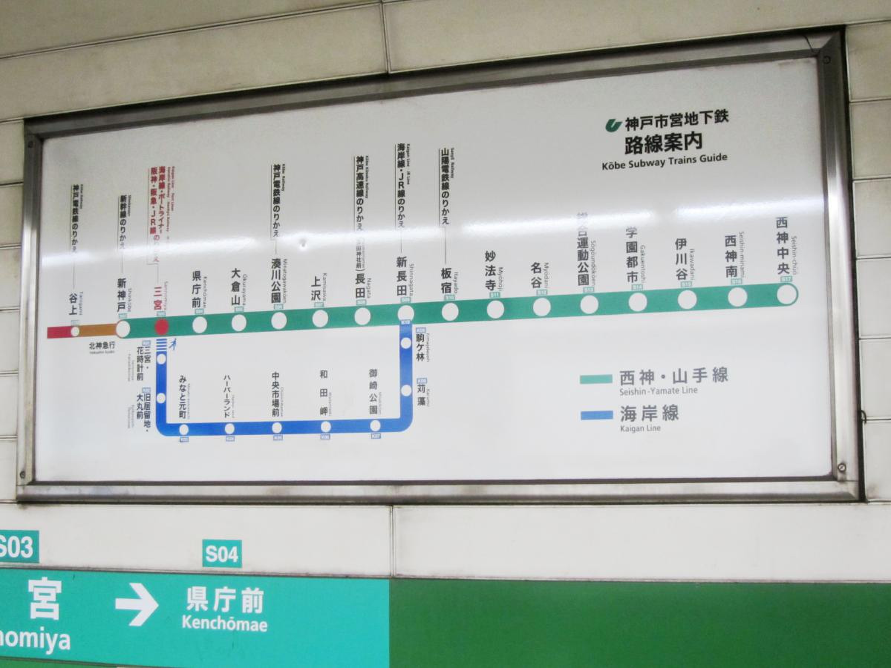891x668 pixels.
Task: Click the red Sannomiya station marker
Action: pos(161,327)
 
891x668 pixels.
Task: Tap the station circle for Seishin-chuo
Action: pos(786,294)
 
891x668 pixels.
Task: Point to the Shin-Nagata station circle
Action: pos(406,313)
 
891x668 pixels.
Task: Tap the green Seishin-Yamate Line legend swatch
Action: pos(596,379)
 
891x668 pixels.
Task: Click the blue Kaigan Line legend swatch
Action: pos(596,415)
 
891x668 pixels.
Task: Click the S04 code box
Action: pos(222,554)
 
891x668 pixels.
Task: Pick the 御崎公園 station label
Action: pos(373,392)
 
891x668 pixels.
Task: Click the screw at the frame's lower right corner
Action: pos(842,468)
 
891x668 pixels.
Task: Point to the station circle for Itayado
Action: pos(450,311)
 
